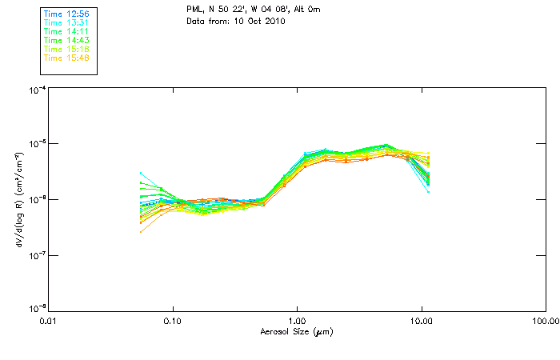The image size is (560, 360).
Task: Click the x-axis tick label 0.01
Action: coord(49,321)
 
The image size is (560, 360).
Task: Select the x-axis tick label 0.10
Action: coord(173,321)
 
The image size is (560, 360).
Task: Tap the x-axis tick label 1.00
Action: coord(297,321)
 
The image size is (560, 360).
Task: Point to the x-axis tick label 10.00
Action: coord(422,321)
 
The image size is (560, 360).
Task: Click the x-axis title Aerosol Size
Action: coord(296,331)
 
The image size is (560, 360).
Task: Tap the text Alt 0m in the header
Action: coord(308,10)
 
